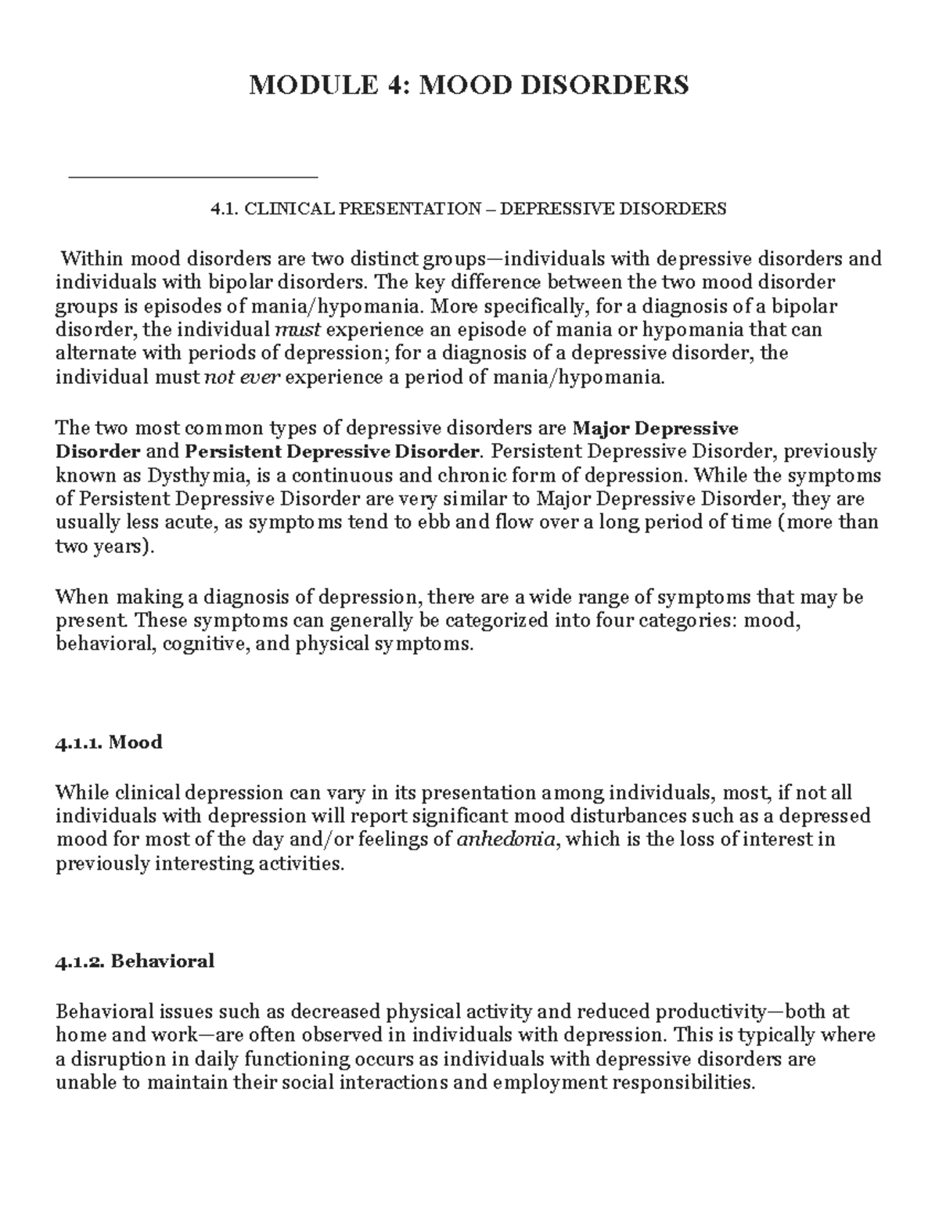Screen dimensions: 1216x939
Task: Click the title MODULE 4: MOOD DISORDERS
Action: coord(469,85)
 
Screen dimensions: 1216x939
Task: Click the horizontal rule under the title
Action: coord(193,178)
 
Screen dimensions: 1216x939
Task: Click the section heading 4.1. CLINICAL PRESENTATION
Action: coord(469,209)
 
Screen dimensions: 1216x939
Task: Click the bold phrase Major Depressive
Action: coord(656,428)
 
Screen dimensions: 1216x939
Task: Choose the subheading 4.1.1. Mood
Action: coord(109,742)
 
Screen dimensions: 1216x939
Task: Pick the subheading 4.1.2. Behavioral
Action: coord(135,961)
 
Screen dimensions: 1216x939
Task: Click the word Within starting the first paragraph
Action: coord(92,258)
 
